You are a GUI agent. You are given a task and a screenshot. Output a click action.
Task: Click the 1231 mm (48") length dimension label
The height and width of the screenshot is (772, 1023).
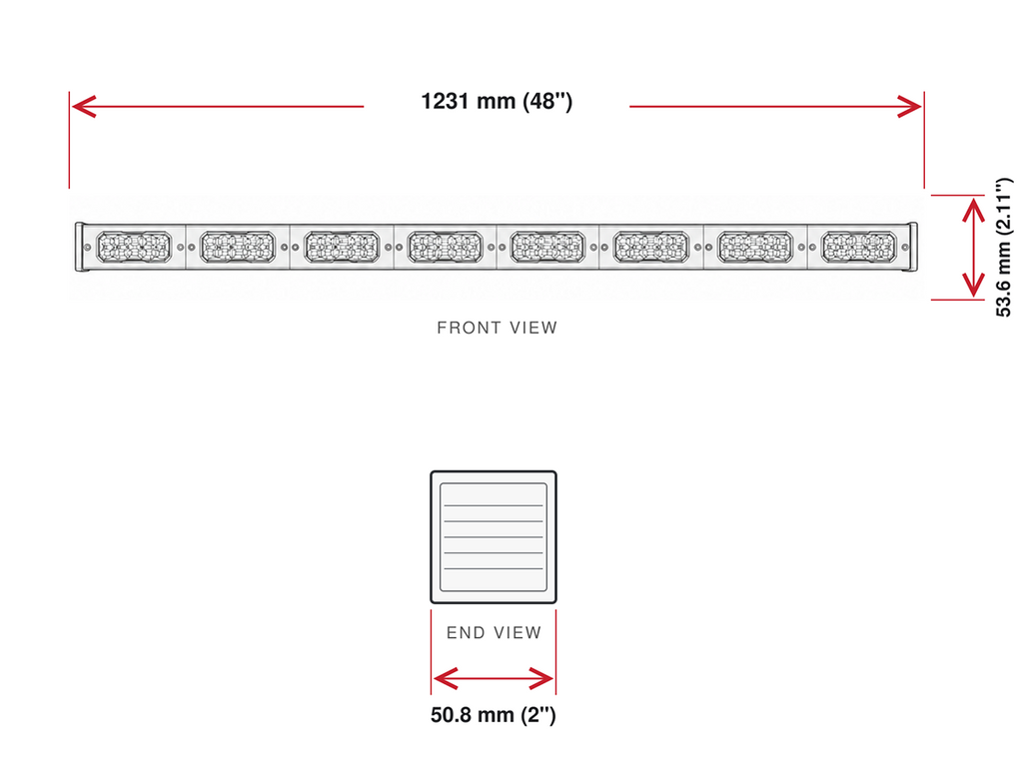[x=497, y=101]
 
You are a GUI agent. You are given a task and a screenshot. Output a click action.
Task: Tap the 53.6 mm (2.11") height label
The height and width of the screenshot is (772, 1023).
[x=1003, y=247]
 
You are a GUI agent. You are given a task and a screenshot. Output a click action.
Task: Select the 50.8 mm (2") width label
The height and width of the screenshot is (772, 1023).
[x=494, y=715]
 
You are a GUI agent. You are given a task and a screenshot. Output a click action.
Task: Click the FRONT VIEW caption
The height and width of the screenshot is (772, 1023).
[x=498, y=328]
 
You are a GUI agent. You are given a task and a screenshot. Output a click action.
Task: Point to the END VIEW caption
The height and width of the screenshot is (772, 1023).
[x=494, y=632]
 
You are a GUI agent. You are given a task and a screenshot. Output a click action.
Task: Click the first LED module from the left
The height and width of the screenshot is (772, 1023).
[x=134, y=247]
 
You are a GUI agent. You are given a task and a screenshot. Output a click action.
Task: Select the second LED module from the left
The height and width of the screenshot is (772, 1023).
[x=238, y=247]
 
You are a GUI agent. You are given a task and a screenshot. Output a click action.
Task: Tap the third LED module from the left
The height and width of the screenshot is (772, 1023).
[x=342, y=247]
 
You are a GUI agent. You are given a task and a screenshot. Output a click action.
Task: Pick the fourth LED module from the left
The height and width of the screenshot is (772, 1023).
[x=445, y=247]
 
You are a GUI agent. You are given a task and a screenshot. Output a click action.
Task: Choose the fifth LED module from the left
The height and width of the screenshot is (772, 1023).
[x=548, y=247]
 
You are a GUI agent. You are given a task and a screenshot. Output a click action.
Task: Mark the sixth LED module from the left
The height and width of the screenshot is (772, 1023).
[x=651, y=247]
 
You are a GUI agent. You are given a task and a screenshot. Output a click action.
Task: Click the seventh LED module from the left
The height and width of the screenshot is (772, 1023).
[x=755, y=247]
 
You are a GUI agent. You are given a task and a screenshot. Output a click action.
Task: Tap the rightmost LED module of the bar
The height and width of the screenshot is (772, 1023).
[x=858, y=247]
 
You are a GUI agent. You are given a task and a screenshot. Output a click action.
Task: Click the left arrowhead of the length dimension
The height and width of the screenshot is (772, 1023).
[x=84, y=106]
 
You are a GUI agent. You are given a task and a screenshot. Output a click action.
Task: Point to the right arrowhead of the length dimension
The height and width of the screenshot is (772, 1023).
[x=909, y=106]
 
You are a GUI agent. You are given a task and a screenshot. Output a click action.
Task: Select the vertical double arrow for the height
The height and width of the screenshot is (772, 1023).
[x=973, y=247]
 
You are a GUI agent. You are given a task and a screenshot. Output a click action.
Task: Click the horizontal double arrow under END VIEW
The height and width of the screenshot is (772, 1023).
[x=494, y=679]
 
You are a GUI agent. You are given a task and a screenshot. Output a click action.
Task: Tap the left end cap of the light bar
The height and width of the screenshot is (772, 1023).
[x=80, y=247]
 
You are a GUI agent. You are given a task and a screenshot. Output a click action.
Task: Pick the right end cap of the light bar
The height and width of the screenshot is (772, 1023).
[x=913, y=247]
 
